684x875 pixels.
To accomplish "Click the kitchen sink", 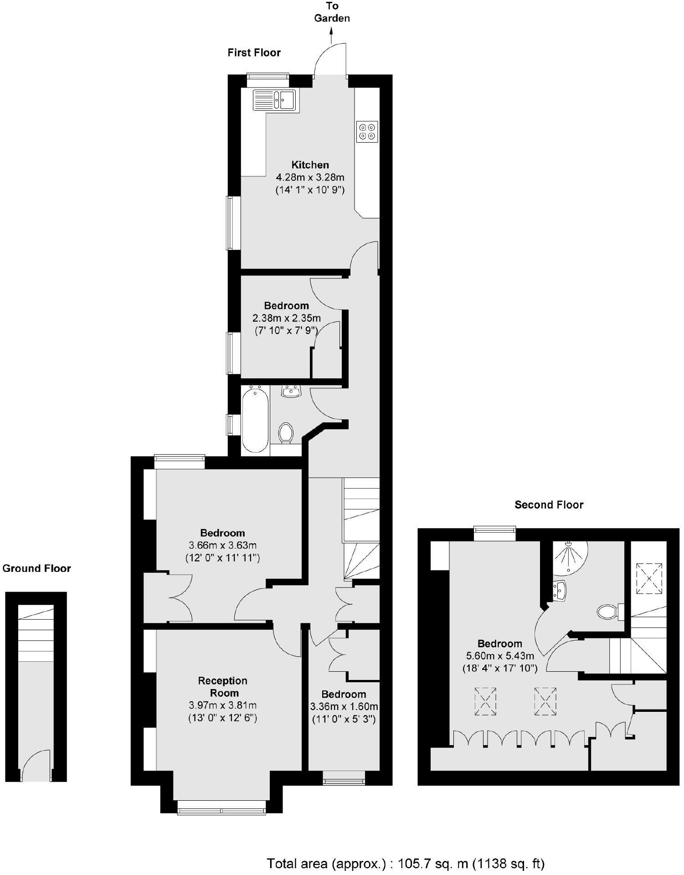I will point(275,100).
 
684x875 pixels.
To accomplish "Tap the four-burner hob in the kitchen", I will point(367,132).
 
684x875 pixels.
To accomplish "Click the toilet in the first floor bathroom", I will point(286,432).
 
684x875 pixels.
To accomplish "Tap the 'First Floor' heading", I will point(254,53).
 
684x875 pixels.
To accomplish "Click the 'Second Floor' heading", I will point(549,505).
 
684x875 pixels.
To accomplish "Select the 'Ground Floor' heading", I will point(37,569).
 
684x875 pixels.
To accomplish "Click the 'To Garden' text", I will point(332,12).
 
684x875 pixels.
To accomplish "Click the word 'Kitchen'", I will point(310,165).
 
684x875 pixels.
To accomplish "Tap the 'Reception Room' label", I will point(223,687).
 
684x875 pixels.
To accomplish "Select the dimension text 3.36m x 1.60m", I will point(344,707).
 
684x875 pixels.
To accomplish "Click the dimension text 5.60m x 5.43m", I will point(499,656).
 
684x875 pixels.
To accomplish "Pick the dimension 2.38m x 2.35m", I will point(287,318).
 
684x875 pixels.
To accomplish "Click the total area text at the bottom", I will point(405,863).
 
